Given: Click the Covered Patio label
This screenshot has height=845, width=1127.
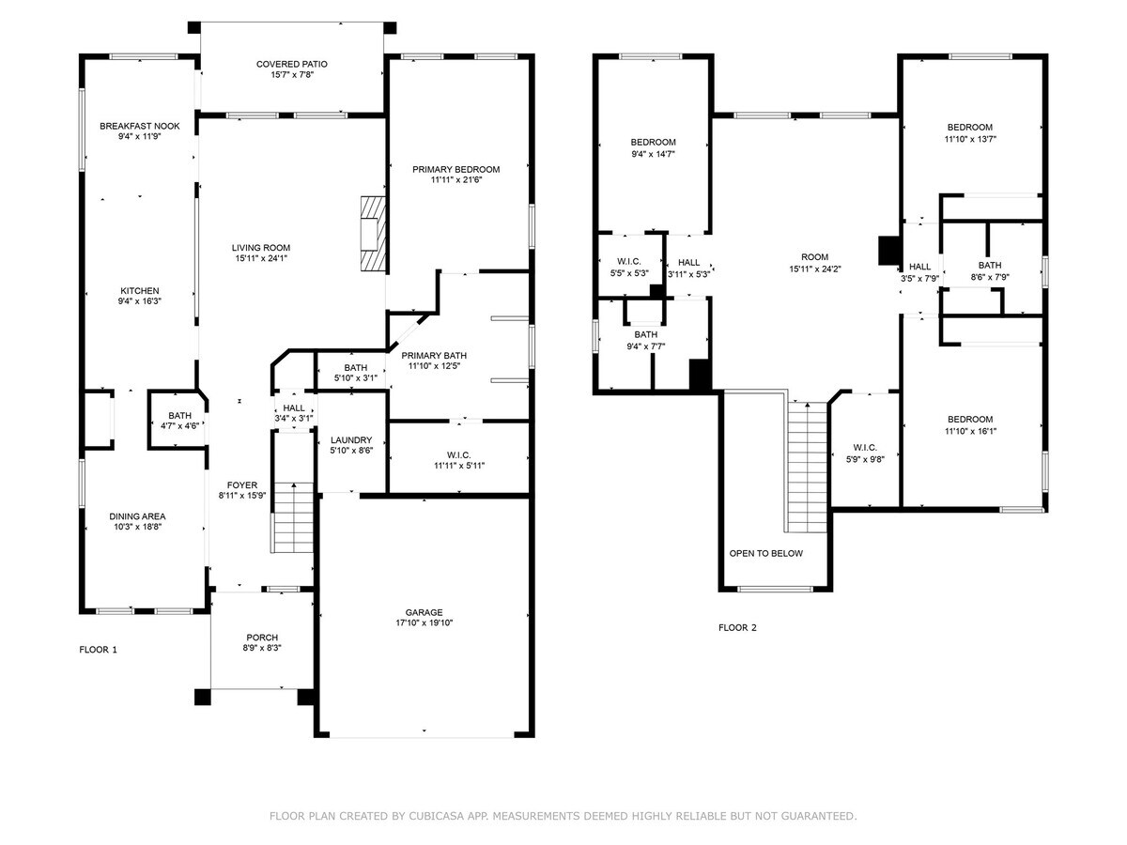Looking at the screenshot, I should (292, 64).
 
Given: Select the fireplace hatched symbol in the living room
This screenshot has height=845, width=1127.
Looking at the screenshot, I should (374, 234).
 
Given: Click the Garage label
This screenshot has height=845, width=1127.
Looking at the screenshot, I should (424, 612).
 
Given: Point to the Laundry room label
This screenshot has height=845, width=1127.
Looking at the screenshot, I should (351, 440).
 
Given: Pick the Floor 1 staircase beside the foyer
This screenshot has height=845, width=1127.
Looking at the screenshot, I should (293, 518).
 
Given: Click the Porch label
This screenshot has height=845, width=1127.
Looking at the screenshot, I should (262, 638).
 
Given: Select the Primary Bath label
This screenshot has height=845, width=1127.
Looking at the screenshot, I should (434, 355).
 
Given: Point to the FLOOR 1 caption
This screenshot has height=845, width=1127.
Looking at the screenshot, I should (98, 649).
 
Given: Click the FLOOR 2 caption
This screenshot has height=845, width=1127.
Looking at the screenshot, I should (737, 627).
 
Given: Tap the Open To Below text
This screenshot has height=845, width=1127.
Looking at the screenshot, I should (765, 553).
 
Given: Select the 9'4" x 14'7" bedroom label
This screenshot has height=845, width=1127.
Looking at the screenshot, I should (653, 142).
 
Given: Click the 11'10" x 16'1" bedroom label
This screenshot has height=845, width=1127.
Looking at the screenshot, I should (970, 420).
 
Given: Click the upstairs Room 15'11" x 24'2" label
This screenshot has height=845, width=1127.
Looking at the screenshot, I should (814, 257).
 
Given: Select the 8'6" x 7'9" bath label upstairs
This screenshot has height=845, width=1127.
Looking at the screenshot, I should (989, 265).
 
